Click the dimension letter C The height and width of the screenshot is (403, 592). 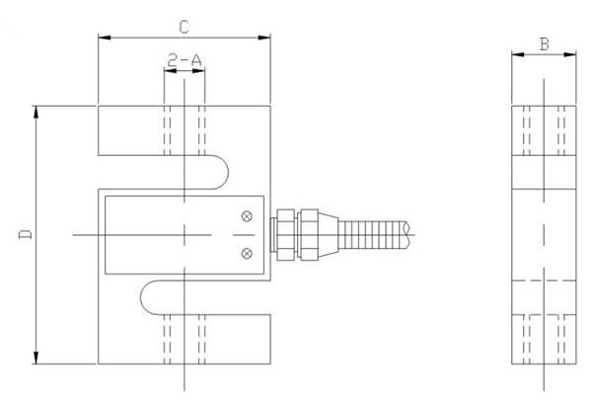184,28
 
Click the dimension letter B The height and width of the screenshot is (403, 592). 544,44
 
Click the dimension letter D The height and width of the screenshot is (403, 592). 26,234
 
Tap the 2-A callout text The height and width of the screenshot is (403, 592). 185,60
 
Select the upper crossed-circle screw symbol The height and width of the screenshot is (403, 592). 247,216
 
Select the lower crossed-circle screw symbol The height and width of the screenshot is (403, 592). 247,253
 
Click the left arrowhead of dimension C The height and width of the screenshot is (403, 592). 105,38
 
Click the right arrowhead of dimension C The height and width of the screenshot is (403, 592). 264,38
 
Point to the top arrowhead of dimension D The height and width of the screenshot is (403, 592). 36,113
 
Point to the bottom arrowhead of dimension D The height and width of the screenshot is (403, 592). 36,358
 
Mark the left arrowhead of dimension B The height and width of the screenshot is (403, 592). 518,54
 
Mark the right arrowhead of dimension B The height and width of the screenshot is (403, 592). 569,54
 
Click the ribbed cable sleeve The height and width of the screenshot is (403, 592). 373,235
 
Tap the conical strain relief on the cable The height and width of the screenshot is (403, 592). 329,235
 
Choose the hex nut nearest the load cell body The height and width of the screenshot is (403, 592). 285,235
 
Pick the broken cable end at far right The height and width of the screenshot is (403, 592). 407,235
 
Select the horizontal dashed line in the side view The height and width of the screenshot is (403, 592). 544,281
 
